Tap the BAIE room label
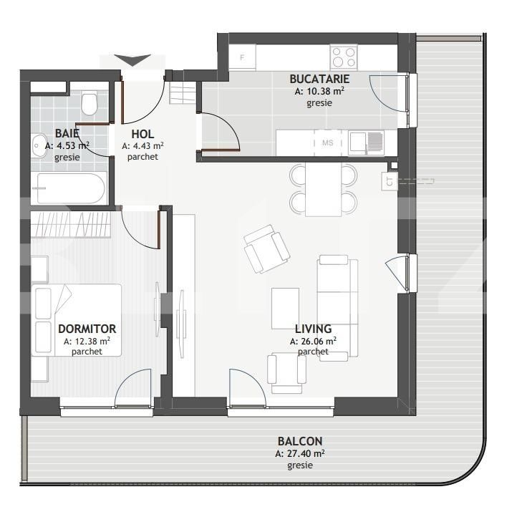tap(67, 133)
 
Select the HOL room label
tap(143, 134)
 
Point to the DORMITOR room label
tap(87, 329)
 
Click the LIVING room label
tap(313, 329)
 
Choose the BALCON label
tap(299, 441)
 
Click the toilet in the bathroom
tap(90, 105)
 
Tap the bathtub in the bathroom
tap(70, 188)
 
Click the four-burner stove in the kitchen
tap(344, 57)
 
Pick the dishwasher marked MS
tap(328, 143)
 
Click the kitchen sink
tap(365, 143)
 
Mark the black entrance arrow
tap(133, 59)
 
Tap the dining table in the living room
tap(323, 189)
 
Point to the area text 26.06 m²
tap(314, 342)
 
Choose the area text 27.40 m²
tap(300, 453)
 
